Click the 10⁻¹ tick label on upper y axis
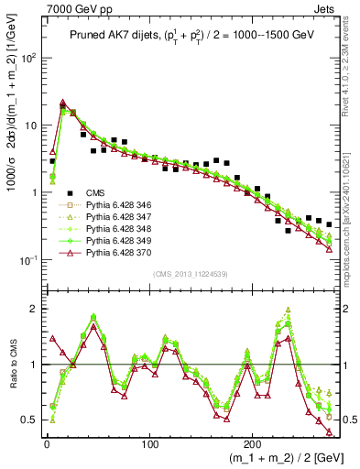(x=29, y=261)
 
